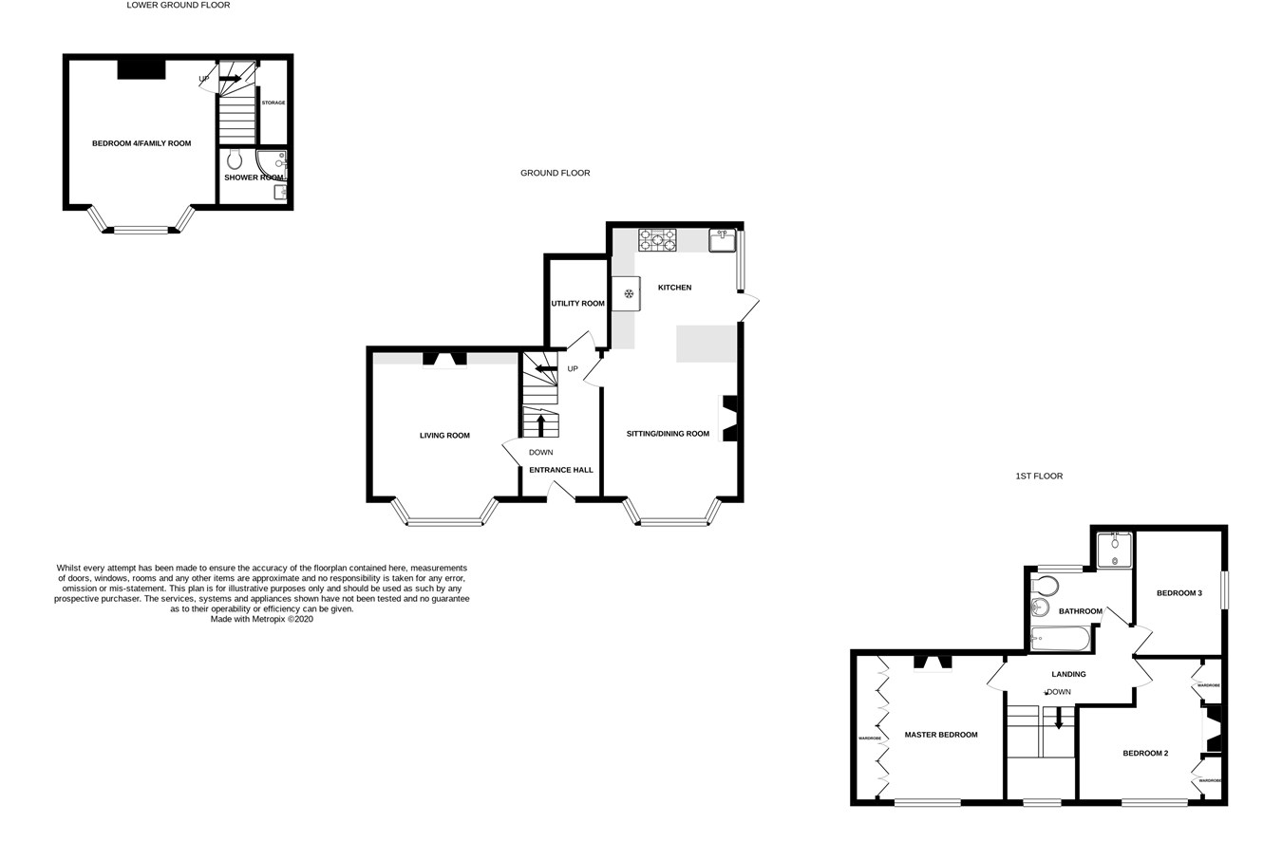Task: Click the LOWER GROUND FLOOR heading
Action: click(179, 6)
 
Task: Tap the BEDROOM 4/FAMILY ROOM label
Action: click(141, 143)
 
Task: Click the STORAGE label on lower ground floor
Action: click(273, 103)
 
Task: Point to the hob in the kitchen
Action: click(657, 240)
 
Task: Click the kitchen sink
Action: click(723, 240)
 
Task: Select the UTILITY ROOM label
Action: click(577, 304)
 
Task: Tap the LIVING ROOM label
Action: click(444, 436)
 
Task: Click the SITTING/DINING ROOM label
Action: click(668, 434)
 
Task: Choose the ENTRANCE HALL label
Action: click(560, 470)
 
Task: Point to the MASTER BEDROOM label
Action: click(940, 735)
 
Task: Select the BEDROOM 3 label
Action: click(1178, 593)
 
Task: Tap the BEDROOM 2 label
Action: click(1145, 754)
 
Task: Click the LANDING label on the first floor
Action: click(1068, 674)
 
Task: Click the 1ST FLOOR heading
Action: click(1039, 477)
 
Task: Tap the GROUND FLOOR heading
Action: click(555, 174)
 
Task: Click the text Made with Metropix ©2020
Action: click(261, 619)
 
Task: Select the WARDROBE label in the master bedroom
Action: click(870, 738)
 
